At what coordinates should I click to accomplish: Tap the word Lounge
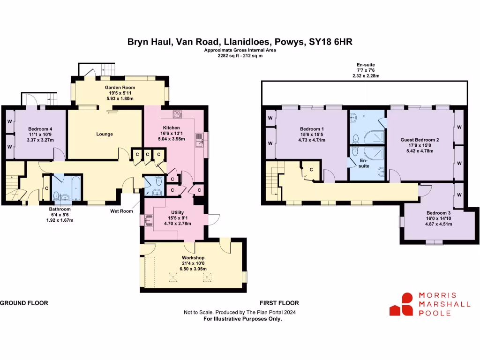(x=105, y=134)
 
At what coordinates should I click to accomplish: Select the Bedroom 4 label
(x=40, y=129)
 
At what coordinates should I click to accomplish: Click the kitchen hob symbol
(x=178, y=113)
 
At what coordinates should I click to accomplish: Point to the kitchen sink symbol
(x=199, y=140)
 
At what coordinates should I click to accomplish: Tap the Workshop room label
(x=193, y=258)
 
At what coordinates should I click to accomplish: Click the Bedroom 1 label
(x=311, y=129)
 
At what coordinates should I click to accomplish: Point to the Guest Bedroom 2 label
(x=420, y=140)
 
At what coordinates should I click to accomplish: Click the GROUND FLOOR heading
(x=24, y=303)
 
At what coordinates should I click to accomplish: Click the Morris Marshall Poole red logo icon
(x=401, y=304)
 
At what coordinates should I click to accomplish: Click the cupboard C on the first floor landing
(x=311, y=169)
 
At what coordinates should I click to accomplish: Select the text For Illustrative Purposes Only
(x=242, y=318)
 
